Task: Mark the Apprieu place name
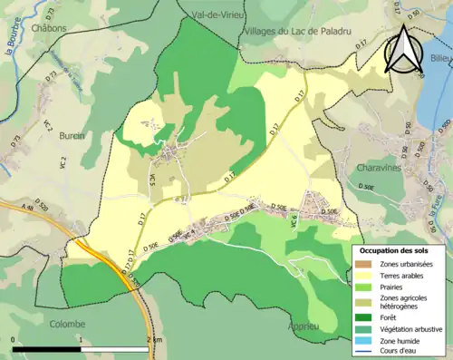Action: tap(301, 324)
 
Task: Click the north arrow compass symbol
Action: tap(404, 50)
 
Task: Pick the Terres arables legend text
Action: tap(402, 276)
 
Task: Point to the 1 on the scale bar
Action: tap(82, 338)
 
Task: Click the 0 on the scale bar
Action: tap(14, 338)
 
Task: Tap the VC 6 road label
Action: tap(294, 230)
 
